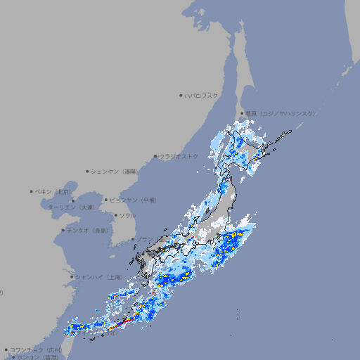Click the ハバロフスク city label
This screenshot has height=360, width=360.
[x=202, y=95]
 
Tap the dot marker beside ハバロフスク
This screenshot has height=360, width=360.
[x=181, y=95]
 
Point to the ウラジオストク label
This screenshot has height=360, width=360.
[x=179, y=156]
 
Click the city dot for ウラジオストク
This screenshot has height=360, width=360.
[x=155, y=156]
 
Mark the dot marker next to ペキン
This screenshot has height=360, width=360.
[x=32, y=191]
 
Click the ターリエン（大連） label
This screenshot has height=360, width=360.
[x=71, y=207]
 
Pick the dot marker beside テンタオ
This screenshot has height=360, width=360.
[x=63, y=230]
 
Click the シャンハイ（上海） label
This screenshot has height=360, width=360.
[x=98, y=277]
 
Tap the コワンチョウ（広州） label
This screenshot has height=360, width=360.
[x=36, y=349]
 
